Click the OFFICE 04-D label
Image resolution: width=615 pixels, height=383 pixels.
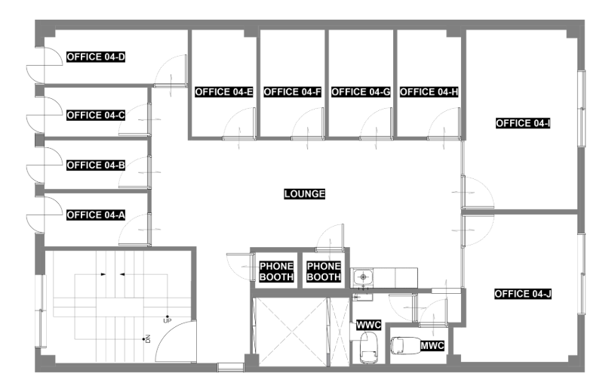[x=96, y=57]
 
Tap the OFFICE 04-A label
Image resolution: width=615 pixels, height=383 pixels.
[x=96, y=215]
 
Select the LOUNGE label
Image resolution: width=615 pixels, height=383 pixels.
[x=305, y=193]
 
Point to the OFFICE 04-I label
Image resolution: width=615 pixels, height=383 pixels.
[x=523, y=123]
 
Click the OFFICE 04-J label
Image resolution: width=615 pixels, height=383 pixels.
[x=523, y=294]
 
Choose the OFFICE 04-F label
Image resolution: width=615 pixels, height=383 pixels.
[x=292, y=92]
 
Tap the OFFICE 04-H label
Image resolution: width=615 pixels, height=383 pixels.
[x=429, y=92]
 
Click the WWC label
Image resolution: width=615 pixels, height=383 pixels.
[x=369, y=326]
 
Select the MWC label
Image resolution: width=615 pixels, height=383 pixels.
[x=432, y=346]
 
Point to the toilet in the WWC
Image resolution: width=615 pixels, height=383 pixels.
[x=369, y=347]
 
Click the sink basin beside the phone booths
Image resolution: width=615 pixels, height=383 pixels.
[x=363, y=277]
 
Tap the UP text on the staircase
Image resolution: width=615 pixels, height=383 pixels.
[x=167, y=320]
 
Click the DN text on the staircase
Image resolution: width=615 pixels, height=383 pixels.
[x=148, y=338]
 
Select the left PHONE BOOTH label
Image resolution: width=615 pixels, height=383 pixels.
[x=276, y=271]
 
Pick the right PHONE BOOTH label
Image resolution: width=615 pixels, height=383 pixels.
[x=324, y=271]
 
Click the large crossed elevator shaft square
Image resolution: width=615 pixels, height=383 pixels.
[x=291, y=332]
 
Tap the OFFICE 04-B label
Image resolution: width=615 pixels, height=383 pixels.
[x=96, y=165]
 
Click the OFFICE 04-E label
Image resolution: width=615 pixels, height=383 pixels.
[x=224, y=92]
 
